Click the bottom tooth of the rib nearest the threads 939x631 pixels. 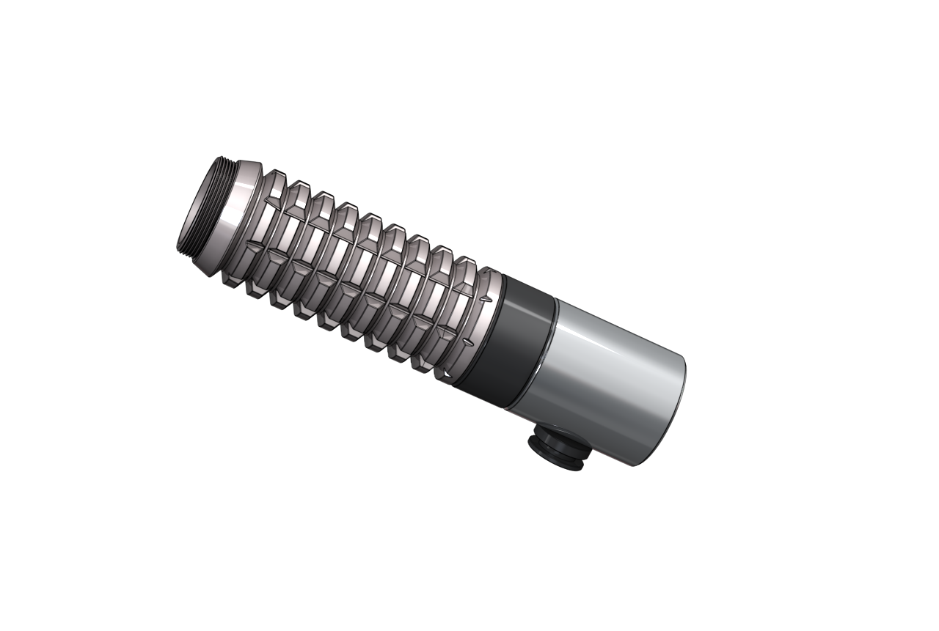point(231,281)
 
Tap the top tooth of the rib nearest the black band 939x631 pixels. point(465,262)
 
